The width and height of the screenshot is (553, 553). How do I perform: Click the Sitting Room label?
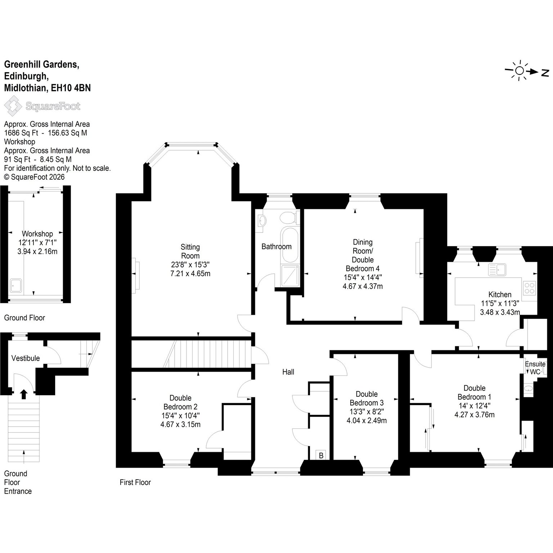190,251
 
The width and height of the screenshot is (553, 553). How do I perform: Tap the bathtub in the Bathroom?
289,245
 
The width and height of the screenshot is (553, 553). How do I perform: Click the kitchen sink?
498,269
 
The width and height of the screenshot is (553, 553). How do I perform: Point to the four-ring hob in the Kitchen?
530,288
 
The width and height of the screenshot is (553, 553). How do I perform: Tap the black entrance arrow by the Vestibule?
24,394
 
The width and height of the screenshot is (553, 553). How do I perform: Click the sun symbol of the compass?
519,71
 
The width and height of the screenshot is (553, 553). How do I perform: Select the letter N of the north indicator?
545,73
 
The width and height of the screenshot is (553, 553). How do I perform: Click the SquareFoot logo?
42,106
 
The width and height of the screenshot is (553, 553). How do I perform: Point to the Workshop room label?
37,234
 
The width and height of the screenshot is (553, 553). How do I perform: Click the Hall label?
288,372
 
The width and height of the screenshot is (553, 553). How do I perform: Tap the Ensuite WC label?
535,368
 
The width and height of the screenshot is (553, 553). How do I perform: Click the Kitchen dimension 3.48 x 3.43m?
500,312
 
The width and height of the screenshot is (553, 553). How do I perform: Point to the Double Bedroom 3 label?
367,398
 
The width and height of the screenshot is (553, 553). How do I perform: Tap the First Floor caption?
135,482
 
